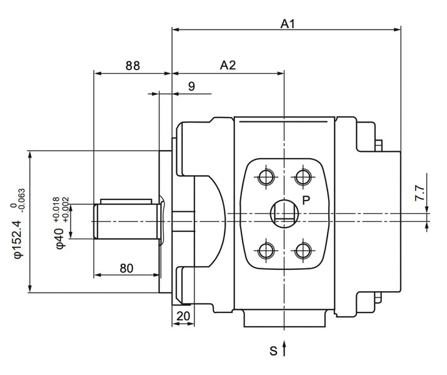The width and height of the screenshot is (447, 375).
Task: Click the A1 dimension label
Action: pyautogui.click(x=287, y=24)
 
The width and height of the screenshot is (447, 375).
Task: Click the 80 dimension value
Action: pyautogui.click(x=126, y=268)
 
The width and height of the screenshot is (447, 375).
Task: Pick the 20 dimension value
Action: pyautogui.click(x=183, y=316)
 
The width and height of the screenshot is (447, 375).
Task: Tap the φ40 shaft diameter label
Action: pyautogui.click(x=59, y=239)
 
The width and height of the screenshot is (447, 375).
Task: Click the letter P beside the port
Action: pyautogui.click(x=306, y=200)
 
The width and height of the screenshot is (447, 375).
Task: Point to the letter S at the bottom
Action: pyautogui.click(x=273, y=351)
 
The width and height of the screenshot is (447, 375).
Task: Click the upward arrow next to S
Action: pyautogui.click(x=285, y=349)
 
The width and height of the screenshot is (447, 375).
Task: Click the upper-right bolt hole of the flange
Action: pyautogui.click(x=304, y=176)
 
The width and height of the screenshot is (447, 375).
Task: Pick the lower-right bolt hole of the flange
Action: pyautogui.click(x=304, y=251)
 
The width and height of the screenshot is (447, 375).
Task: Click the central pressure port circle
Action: pyautogui.click(x=285, y=214)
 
